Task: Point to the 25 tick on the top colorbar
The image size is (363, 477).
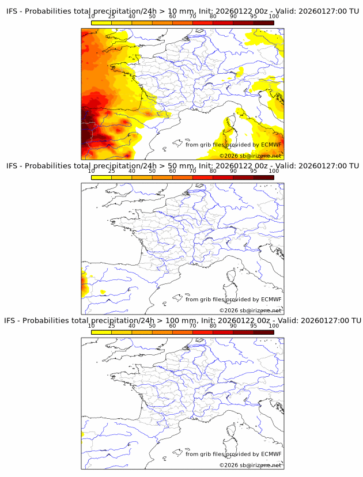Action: click(x=112, y=16)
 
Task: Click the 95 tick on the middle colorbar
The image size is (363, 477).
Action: click(x=254, y=171)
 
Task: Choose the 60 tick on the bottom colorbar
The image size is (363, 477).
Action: click(x=172, y=325)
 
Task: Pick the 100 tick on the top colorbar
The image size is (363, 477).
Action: click(x=274, y=16)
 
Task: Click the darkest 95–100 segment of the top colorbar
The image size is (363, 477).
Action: click(x=263, y=22)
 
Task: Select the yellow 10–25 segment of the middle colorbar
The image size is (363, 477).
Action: click(x=101, y=177)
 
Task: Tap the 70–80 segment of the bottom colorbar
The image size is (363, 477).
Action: click(x=203, y=332)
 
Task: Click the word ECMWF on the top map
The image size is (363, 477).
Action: click(x=271, y=145)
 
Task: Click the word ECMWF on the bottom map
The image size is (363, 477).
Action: click(x=271, y=454)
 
